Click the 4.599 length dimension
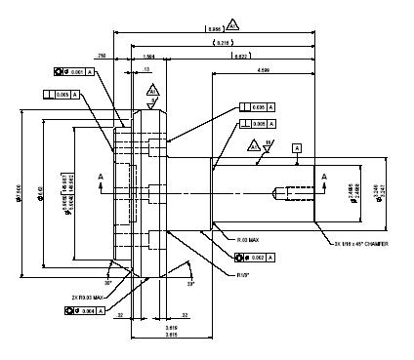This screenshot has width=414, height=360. coord(264,71)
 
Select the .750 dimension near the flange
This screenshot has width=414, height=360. coord(103,58)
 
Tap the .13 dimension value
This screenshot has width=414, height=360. coord(145,70)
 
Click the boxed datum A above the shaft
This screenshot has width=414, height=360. coord(297,146)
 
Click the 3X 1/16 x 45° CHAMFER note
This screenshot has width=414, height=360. coord(360,243)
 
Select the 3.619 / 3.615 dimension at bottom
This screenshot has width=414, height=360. coord(171,331)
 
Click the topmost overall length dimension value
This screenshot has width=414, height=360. coord(212,29)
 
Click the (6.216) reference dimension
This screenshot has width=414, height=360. coord(223,44)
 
